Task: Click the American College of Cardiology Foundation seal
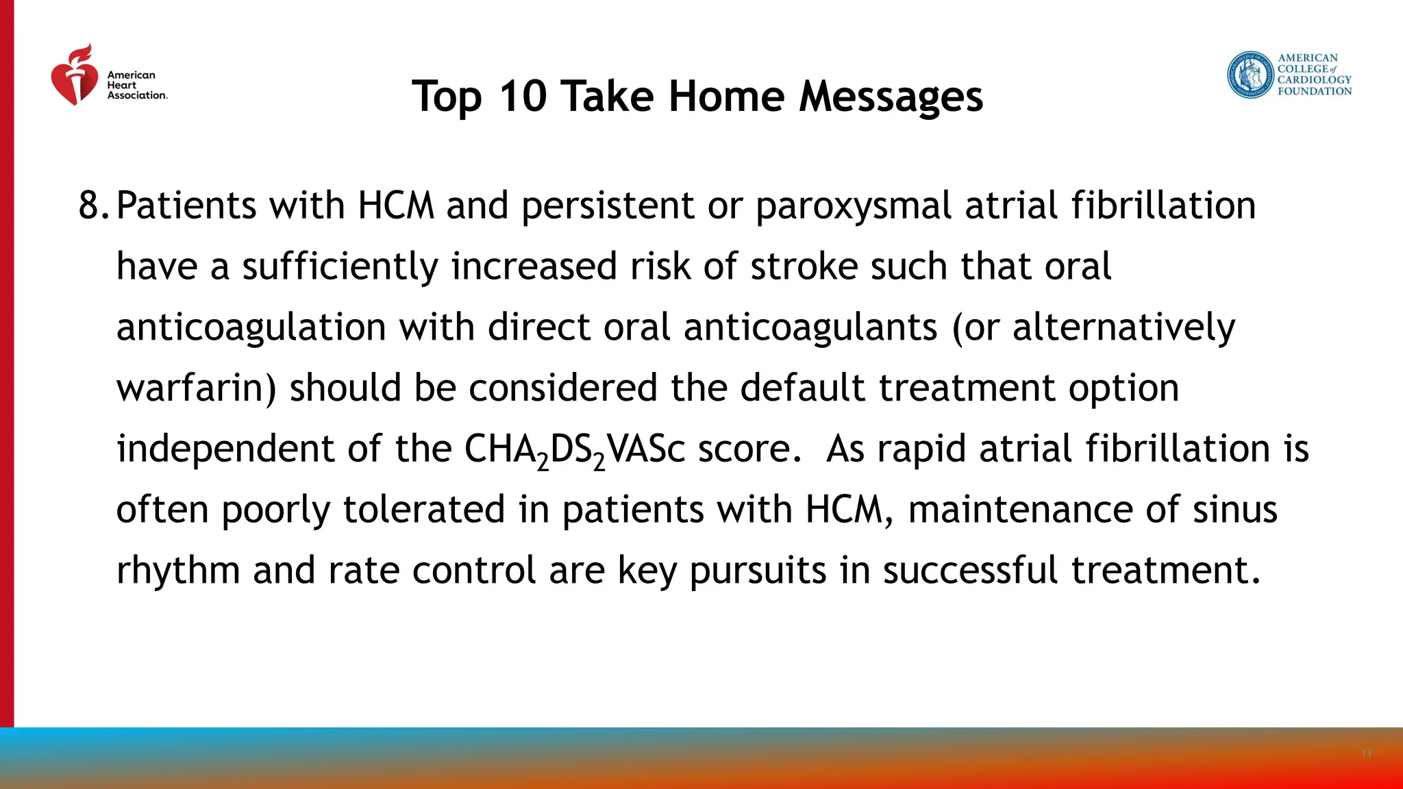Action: tap(1250, 75)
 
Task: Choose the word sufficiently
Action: tap(340, 267)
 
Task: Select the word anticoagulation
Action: tap(251, 327)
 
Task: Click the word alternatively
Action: tap(1123, 327)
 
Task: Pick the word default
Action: tap(802, 388)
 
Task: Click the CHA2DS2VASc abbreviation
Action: tap(574, 450)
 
